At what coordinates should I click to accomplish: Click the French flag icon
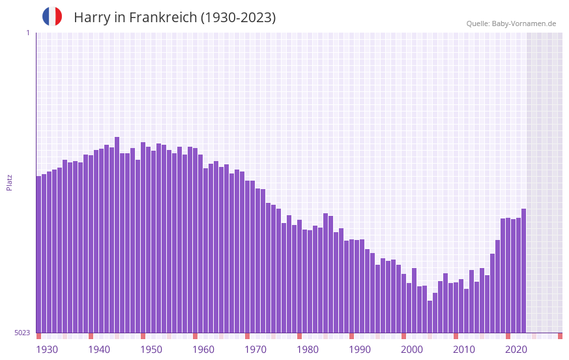point(52,17)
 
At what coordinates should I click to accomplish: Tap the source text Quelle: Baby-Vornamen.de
point(511,23)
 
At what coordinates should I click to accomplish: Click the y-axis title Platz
point(9,182)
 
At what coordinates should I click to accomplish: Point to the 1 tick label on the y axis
point(27,33)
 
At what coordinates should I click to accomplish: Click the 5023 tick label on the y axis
point(23,333)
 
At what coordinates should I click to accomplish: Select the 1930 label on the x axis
point(47,350)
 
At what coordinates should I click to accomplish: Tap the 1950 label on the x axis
point(151,350)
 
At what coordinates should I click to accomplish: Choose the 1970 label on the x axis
point(255,350)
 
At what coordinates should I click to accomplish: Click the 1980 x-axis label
point(308,350)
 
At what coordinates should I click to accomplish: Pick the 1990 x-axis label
point(360,350)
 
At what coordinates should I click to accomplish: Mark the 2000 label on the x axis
point(412,350)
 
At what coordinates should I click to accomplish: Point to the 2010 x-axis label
point(464,350)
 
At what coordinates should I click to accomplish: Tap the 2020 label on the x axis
point(516,350)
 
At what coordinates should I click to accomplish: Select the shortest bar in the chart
point(430,317)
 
